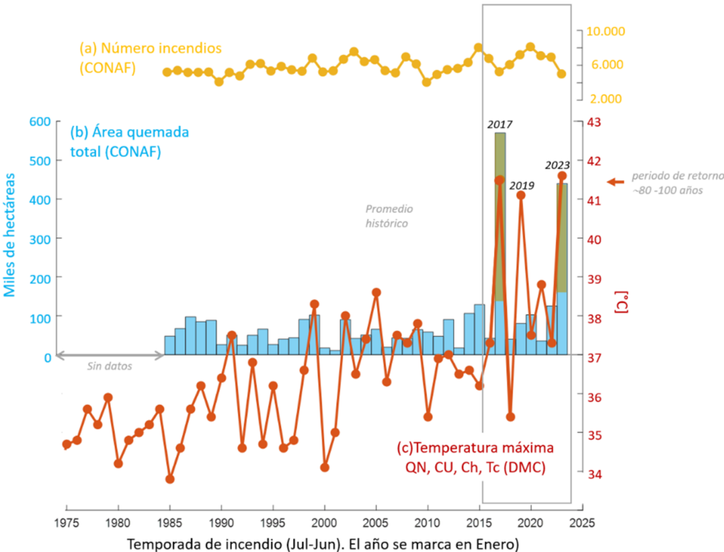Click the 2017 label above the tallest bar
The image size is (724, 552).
[499, 125]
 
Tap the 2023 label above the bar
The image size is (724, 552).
[557, 165]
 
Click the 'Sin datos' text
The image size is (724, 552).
[109, 366]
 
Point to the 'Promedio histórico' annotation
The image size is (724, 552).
[387, 216]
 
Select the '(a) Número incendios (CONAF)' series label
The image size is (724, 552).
[150, 58]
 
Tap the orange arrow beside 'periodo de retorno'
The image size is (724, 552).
[615, 182]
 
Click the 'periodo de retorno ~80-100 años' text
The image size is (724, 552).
[667, 183]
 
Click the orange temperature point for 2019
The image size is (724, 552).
[520, 195]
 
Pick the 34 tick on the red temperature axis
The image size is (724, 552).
[596, 473]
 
